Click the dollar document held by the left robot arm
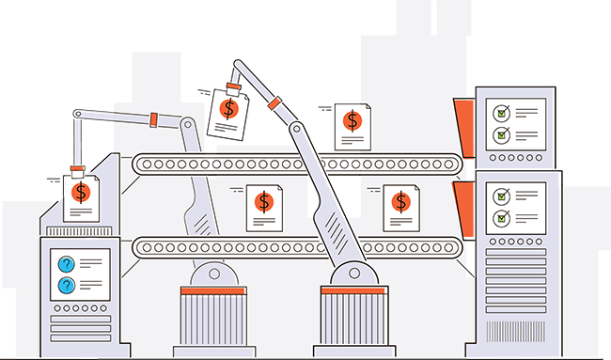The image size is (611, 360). click(x=82, y=196)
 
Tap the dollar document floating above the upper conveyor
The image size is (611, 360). click(x=352, y=124)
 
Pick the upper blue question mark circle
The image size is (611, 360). click(x=67, y=264)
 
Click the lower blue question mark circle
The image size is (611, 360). click(x=67, y=285)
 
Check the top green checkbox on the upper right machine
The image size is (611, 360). click(x=502, y=114)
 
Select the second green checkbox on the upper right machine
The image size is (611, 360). click(x=502, y=134)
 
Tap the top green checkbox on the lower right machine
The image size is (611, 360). click(x=502, y=196)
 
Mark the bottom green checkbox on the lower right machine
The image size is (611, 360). click(x=502, y=218)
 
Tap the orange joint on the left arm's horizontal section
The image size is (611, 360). click(x=151, y=118)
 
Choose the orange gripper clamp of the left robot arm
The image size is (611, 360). click(x=79, y=173)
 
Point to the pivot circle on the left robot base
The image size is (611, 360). click(x=214, y=274)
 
